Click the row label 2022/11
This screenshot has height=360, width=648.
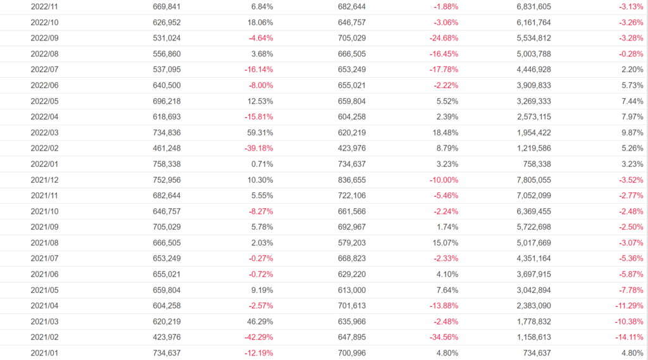click(x=44, y=6)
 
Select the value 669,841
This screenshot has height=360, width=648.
click(x=166, y=6)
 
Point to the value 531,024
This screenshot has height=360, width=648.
click(x=166, y=38)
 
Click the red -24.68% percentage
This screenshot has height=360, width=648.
click(x=444, y=38)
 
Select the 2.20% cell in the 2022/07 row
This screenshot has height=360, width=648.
click(x=632, y=70)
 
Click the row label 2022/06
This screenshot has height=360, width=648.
click(x=44, y=85)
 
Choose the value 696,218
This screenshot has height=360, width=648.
click(x=166, y=101)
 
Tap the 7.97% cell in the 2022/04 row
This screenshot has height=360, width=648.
click(x=632, y=117)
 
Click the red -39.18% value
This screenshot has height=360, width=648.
click(x=259, y=148)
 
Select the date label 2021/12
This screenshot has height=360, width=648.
click(x=44, y=180)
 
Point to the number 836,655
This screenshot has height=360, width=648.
click(x=352, y=180)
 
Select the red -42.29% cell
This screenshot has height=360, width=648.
click(x=259, y=337)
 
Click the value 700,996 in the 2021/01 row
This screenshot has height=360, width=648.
click(x=352, y=353)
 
